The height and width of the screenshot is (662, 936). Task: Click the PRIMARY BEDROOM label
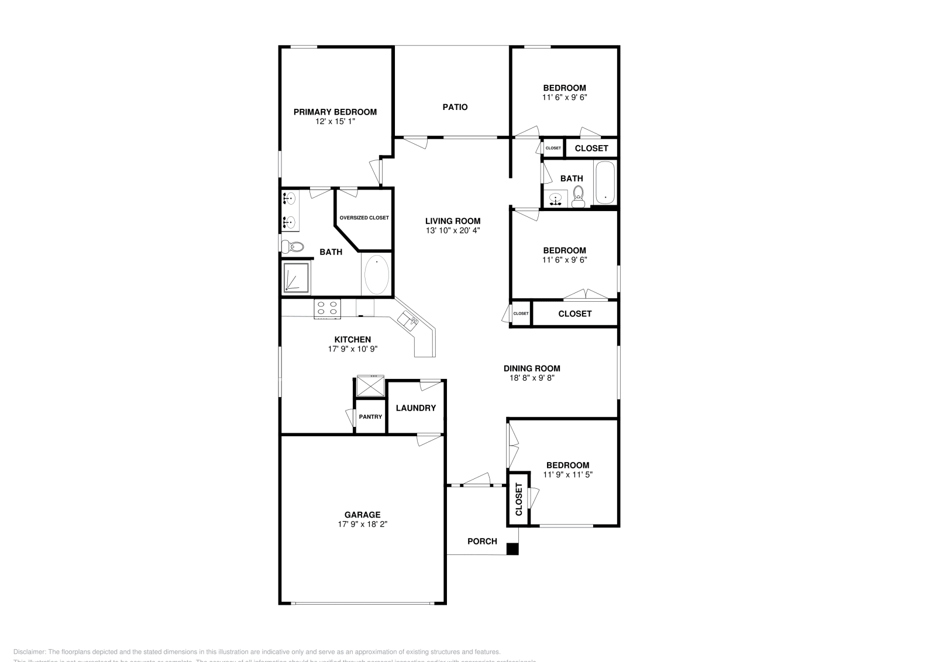pos(335,112)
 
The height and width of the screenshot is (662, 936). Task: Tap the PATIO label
pos(455,107)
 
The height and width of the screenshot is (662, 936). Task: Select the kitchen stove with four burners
pos(328,308)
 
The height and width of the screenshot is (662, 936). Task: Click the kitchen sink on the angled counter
pos(408,320)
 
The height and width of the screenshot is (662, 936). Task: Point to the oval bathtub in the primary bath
pos(376,275)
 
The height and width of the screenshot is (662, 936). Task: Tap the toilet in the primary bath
pos(292,247)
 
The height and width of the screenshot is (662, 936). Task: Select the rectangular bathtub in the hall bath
pos(605,183)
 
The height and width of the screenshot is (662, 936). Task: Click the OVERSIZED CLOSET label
pos(364,218)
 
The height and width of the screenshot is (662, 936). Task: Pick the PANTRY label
pos(370,417)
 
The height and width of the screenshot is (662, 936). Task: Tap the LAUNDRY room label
pos(415,408)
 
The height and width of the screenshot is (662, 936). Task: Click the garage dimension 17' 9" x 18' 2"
pos(363,525)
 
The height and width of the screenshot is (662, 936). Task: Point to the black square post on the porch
pos(512,549)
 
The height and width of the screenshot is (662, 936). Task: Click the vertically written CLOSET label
pos(519,499)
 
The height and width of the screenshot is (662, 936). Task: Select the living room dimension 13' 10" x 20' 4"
pos(453,230)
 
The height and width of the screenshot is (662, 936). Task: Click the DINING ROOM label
pos(532,368)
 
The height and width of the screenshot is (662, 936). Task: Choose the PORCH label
pos(482,541)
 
